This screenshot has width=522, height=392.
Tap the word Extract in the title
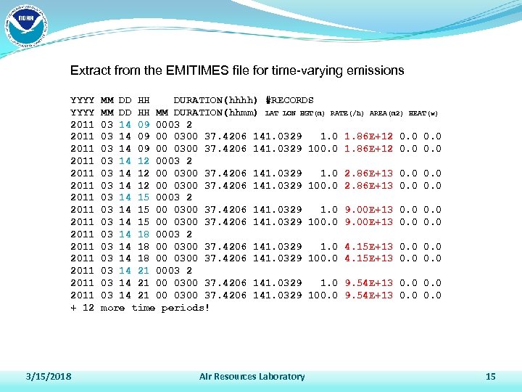pos(90,71)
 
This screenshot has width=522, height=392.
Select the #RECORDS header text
pos(290,100)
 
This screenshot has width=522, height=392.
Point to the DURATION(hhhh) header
pos(216,100)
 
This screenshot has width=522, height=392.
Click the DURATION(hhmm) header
pos(216,113)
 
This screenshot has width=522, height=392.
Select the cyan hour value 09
pos(144,125)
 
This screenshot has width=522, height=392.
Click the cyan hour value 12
pos(144,161)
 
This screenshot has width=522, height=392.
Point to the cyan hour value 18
pos(144,234)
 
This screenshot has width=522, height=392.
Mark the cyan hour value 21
pos(144,270)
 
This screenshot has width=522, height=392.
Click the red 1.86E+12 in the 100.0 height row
pos(369,149)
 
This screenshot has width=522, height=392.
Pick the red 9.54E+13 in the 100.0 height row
pos(369,295)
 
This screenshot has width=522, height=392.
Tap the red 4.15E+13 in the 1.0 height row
pos(369,246)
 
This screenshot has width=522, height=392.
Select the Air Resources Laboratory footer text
pos(252,376)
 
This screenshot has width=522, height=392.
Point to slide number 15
pos(490,376)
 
